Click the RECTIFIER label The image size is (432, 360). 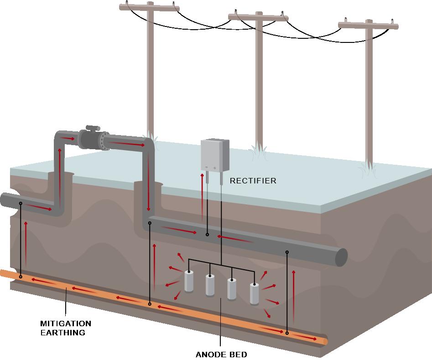253,181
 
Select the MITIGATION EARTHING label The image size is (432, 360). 66,328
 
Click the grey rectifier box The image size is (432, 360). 215,155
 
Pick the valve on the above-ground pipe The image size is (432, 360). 93,136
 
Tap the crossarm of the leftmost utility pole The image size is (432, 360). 149,7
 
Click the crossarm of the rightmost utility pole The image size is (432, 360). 368,24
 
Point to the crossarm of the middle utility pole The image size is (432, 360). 258,17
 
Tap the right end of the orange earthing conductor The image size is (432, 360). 324,340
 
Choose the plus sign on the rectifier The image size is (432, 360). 214,168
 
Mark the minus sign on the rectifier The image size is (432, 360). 207,167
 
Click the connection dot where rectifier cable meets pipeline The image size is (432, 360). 207,235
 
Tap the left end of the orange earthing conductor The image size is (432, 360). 3,273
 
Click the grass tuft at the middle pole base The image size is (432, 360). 258,154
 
